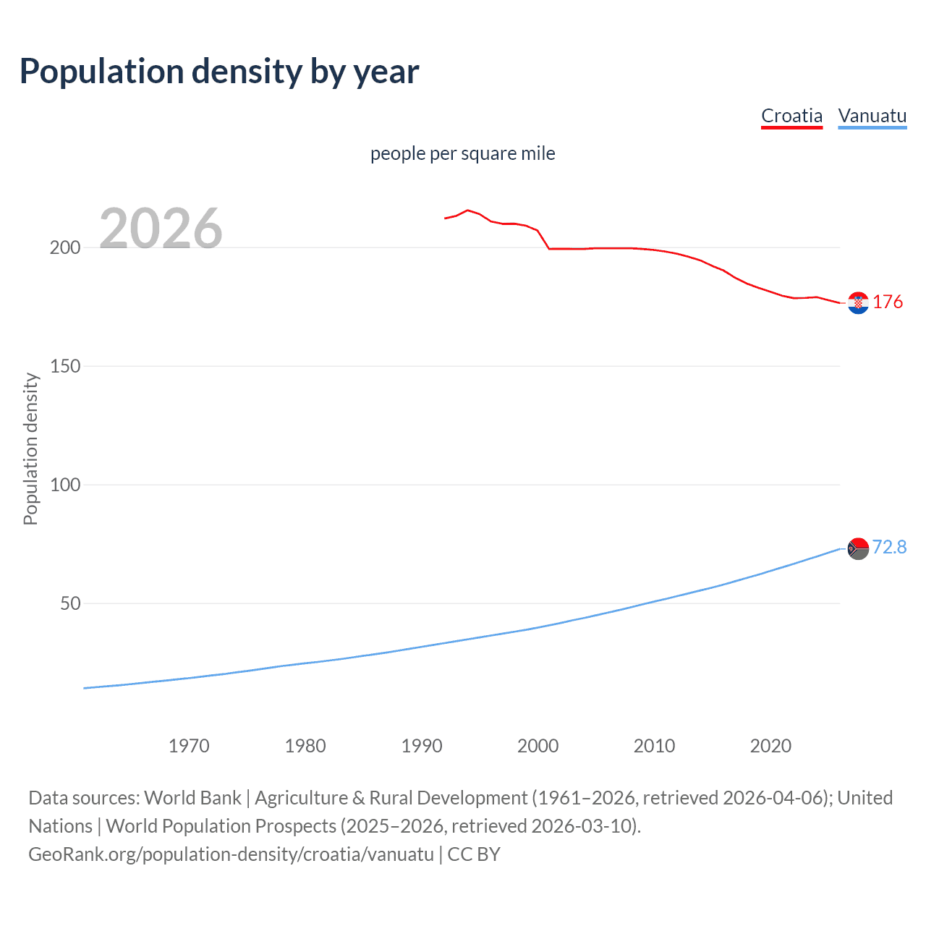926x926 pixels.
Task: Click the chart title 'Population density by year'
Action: (219, 72)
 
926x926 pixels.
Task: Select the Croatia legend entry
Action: (791, 116)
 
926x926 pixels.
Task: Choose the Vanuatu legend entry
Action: (872, 116)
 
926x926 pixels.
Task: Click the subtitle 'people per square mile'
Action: (462, 153)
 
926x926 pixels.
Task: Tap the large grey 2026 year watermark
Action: (161, 229)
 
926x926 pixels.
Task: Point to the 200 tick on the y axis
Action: (65, 247)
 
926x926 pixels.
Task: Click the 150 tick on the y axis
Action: (65, 366)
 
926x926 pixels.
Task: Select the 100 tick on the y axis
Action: (65, 485)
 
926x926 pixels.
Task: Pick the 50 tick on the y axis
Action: (70, 603)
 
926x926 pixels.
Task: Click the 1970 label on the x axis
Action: (189, 746)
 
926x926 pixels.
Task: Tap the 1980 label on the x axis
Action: (305, 746)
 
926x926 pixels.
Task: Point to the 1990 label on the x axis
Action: (422, 746)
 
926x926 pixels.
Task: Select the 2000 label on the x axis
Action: (538, 746)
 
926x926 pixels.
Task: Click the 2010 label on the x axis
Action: (654, 746)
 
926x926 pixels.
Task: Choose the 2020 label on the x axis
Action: (770, 746)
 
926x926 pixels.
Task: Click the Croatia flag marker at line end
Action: (858, 303)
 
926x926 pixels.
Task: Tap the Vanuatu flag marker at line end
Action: (858, 549)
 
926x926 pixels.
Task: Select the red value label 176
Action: (888, 302)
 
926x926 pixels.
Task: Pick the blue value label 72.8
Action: (889, 547)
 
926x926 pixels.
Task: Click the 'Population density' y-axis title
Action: (30, 449)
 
